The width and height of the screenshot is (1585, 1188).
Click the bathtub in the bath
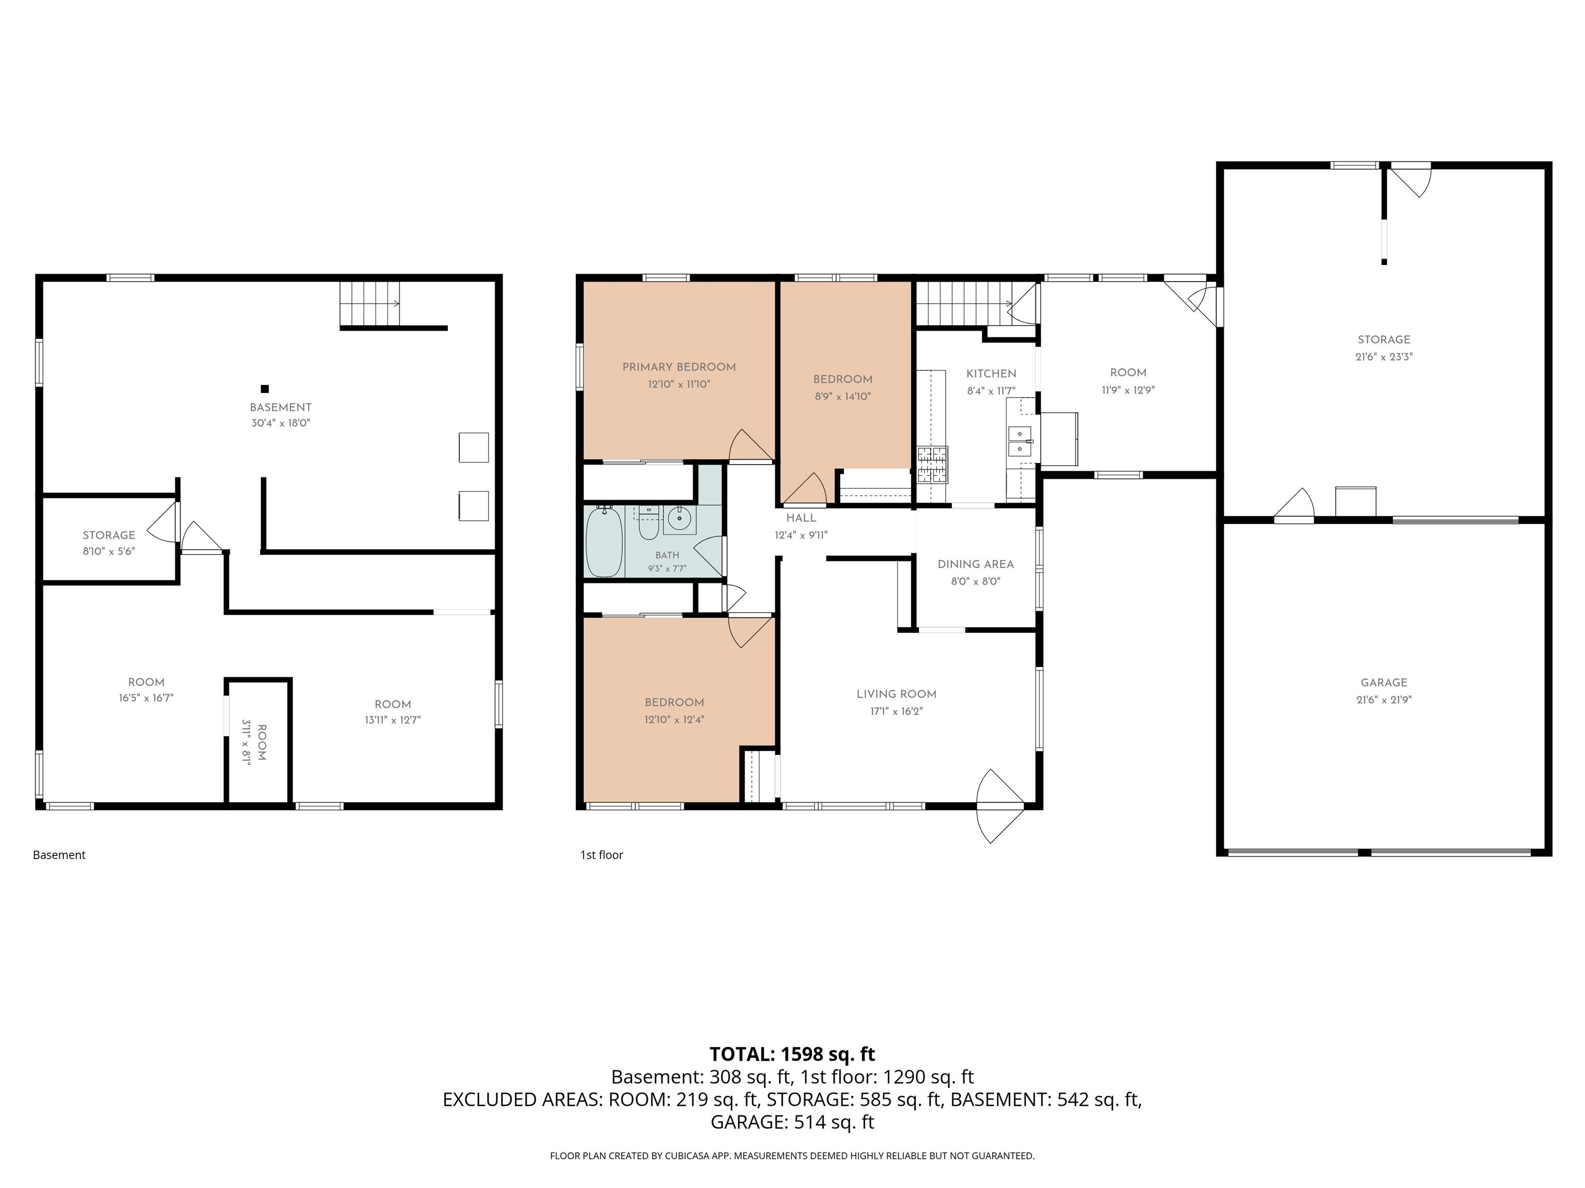[604, 541]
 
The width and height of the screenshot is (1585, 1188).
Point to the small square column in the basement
[264, 389]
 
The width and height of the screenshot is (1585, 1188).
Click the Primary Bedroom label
[678, 367]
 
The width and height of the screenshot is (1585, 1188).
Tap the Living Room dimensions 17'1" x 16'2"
[896, 711]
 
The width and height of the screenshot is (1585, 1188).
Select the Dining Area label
[975, 564]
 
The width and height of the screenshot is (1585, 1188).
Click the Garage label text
[1384, 683]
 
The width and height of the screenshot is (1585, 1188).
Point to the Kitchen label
[991, 373]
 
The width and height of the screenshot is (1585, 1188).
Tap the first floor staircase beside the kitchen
[964, 303]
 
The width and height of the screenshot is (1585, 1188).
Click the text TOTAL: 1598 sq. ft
[792, 1054]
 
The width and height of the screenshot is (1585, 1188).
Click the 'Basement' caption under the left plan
[59, 855]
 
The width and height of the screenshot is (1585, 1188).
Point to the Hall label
[801, 518]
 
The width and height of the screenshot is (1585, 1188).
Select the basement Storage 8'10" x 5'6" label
[109, 543]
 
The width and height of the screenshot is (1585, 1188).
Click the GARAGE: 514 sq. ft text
[792, 1122]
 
